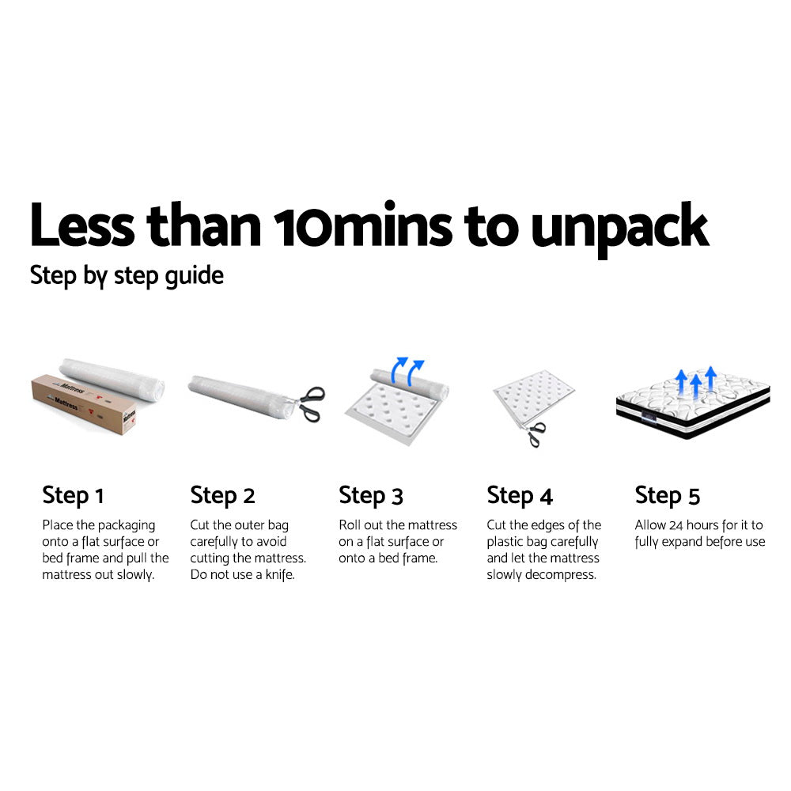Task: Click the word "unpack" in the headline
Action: pos(619,227)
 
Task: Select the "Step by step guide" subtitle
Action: pos(127,276)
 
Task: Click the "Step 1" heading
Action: pos(73,496)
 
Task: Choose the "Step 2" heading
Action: pos(222,496)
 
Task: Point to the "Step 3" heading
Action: pos(371,496)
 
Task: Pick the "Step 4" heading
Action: pos(520,496)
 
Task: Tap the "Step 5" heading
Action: pos(668,496)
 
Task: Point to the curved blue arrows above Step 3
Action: pos(410,369)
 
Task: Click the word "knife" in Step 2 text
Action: pos(277,575)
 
